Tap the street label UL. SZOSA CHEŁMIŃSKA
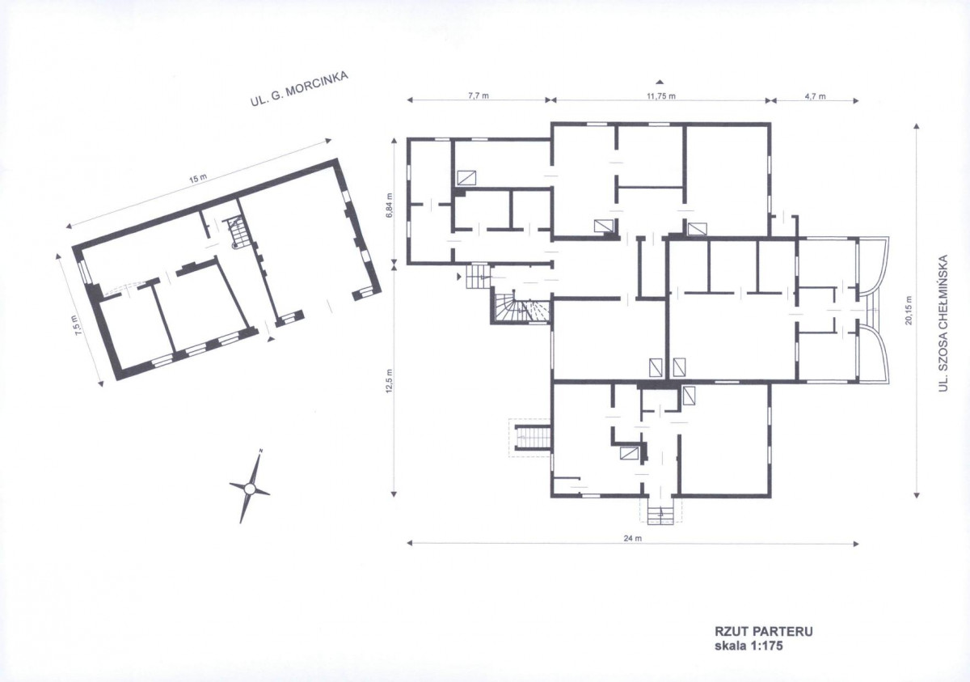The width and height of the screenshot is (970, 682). pyautogui.click(x=943, y=323)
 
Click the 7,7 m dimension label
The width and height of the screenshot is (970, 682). pyautogui.click(x=478, y=95)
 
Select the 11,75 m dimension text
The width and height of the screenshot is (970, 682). pyautogui.click(x=661, y=95)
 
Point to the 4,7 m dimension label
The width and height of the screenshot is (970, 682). pyautogui.click(x=815, y=96)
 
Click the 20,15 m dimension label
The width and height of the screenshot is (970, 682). pyautogui.click(x=908, y=310)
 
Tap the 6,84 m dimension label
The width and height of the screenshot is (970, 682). pyautogui.click(x=390, y=205)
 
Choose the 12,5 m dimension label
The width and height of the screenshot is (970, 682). pyautogui.click(x=390, y=381)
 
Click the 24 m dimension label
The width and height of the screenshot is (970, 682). pyautogui.click(x=633, y=538)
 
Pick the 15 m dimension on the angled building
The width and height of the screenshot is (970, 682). pyautogui.click(x=198, y=178)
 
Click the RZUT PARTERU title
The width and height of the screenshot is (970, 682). pyautogui.click(x=763, y=631)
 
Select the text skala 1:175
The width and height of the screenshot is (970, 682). pyautogui.click(x=749, y=646)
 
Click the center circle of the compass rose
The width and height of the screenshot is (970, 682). pyautogui.click(x=250, y=489)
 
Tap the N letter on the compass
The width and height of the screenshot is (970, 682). pyautogui.click(x=260, y=451)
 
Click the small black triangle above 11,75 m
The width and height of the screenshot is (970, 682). pyautogui.click(x=660, y=82)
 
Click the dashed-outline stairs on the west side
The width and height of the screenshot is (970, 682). pyautogui.click(x=530, y=438)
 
